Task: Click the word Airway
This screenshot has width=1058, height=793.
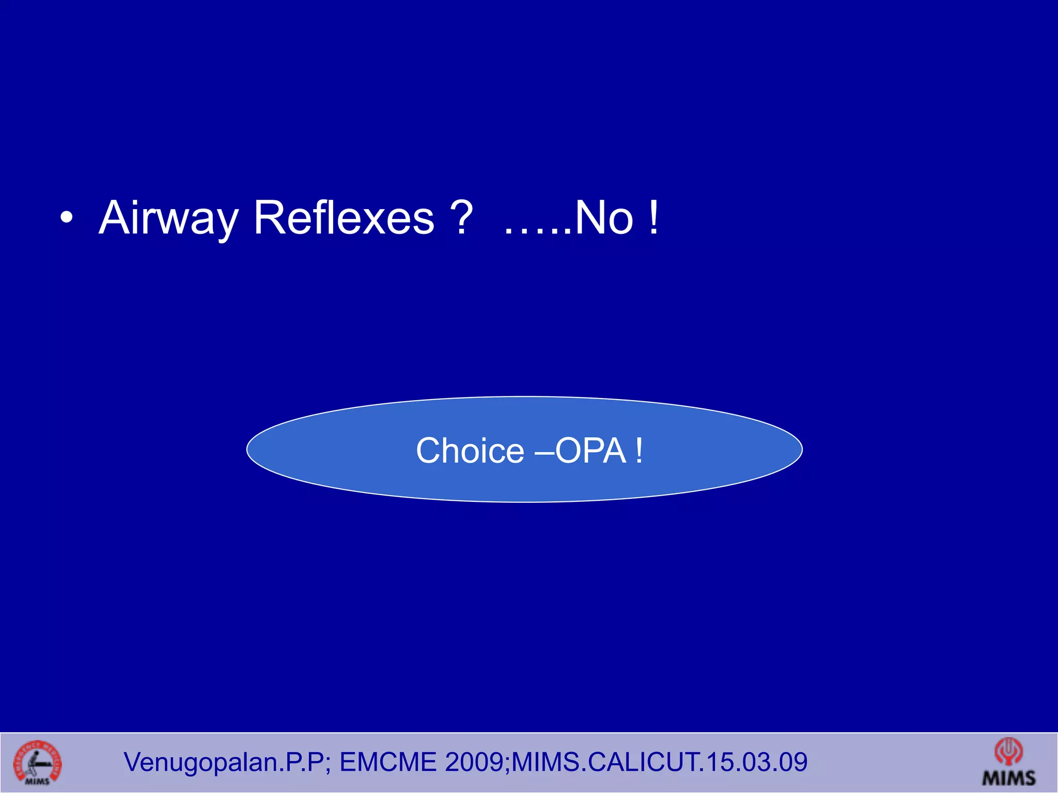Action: click(168, 218)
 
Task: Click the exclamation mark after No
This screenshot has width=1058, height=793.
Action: click(654, 218)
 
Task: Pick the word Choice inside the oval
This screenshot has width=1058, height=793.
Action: click(470, 451)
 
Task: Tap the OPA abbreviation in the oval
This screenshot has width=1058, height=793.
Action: click(591, 451)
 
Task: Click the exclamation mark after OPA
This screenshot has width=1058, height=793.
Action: click(640, 451)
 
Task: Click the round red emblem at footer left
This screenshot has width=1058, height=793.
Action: click(37, 763)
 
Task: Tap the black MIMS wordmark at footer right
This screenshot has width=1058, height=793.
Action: click(1009, 778)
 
